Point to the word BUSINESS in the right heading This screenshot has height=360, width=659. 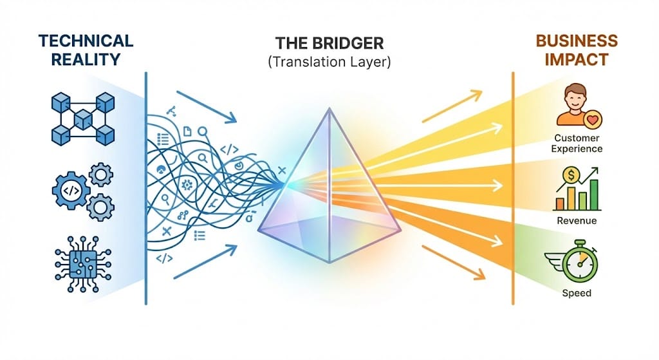(x=577, y=41)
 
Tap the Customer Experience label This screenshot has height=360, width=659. (x=578, y=143)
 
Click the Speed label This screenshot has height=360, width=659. (x=577, y=293)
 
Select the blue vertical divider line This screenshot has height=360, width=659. (x=146, y=187)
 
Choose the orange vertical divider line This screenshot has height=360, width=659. (x=513, y=187)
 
